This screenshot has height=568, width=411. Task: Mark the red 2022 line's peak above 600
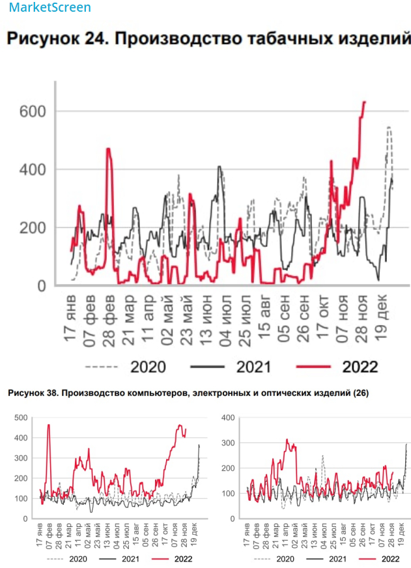(x=364, y=102)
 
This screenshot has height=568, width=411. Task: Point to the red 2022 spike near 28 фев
(x=108, y=149)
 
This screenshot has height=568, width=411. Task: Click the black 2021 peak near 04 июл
(x=220, y=167)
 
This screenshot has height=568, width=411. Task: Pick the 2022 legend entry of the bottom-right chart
(x=390, y=558)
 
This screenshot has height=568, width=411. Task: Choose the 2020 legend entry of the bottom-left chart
(x=76, y=558)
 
